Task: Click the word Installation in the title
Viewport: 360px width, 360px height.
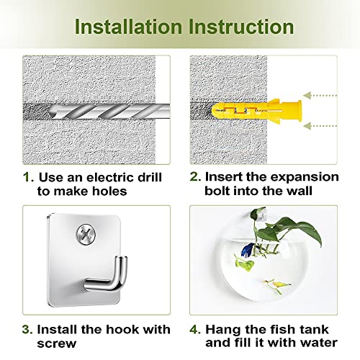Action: (128, 26)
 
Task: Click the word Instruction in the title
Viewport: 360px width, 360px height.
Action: (241, 26)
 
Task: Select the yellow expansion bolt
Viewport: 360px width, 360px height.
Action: (256, 111)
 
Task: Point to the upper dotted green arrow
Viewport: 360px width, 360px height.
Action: (320, 96)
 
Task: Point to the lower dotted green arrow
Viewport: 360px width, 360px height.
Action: (320, 126)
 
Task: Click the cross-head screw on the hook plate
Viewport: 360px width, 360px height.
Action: (86, 234)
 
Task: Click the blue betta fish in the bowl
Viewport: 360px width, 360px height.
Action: (247, 251)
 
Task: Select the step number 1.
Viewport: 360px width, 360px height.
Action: (28, 178)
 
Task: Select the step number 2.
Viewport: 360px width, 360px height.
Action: (195, 176)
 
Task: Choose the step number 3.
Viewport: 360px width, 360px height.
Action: (27, 329)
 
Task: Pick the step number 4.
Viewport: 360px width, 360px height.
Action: (195, 329)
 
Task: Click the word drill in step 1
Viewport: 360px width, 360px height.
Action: (150, 177)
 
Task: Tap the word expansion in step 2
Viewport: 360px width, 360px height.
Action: (305, 178)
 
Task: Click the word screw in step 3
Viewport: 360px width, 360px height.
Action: (57, 343)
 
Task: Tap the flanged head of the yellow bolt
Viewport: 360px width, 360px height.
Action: (299, 111)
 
